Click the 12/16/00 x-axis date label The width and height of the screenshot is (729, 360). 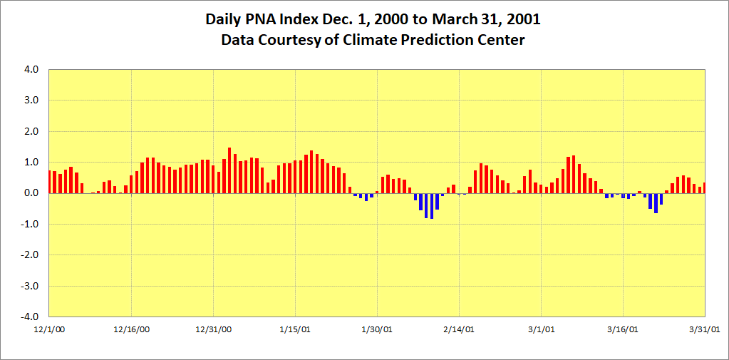[x=131, y=329]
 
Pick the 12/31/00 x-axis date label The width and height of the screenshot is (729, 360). [x=213, y=329]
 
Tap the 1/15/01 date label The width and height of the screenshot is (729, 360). [x=295, y=329]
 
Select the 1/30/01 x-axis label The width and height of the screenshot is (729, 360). [x=377, y=329]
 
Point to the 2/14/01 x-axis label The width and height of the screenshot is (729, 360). [x=459, y=329]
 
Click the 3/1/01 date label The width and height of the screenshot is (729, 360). [x=542, y=329]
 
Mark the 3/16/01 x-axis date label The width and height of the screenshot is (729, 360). [x=624, y=329]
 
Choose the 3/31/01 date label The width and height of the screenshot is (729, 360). [x=705, y=329]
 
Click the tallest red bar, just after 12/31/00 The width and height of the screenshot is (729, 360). [x=229, y=170]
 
